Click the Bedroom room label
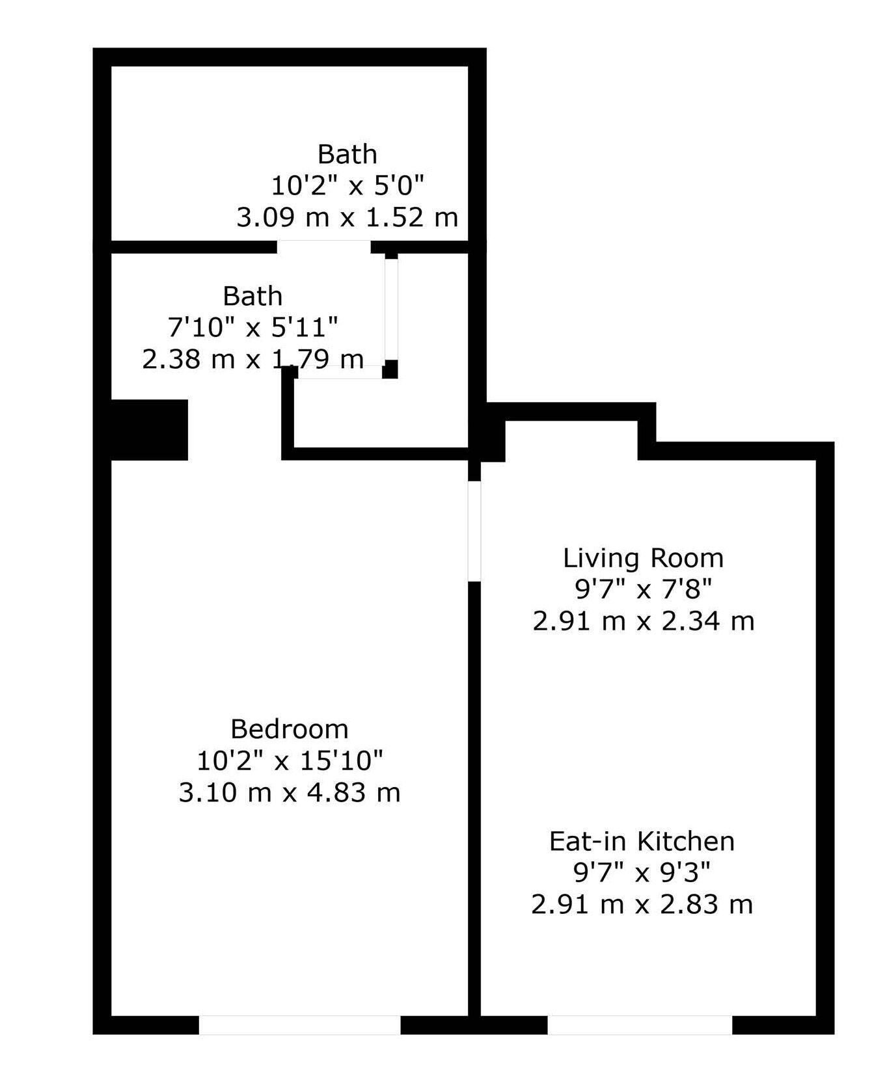point(290,729)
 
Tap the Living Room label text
point(643,558)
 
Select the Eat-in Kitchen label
point(642,841)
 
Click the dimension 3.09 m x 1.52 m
point(347,217)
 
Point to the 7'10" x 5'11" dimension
point(252,327)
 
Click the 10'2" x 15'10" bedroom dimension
point(290,760)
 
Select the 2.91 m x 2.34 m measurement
point(643,621)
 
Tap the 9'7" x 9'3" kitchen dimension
point(642,872)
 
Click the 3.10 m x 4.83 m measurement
point(290,792)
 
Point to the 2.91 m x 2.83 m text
point(642,904)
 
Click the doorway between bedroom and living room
point(474,530)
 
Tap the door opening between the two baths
point(323,247)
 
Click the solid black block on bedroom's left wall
point(150,430)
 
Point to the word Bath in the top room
point(347,154)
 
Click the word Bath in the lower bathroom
point(252,296)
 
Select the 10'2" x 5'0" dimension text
point(347,185)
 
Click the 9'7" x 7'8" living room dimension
point(643,589)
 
